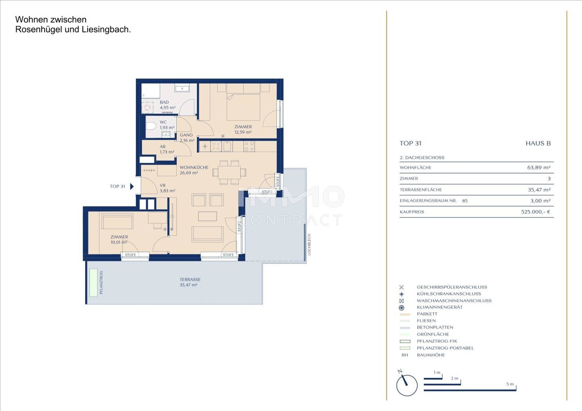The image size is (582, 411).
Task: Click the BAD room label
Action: pos(164,102)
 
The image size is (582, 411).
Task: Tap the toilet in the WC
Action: pos(150,126)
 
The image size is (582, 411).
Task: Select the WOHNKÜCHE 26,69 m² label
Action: pos(194,170)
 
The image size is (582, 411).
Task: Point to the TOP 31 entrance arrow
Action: pos(132,186)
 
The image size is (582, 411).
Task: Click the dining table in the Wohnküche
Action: pos(229,173)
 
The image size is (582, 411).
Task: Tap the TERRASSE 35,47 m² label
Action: pos(190,282)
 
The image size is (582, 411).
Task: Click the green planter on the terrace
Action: pos(93,282)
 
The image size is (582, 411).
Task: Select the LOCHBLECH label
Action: pos(309,244)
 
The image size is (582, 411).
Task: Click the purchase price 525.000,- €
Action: pos(536,212)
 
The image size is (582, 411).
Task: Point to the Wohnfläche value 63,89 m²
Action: pos(539,168)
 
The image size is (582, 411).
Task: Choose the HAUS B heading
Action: pos(538,143)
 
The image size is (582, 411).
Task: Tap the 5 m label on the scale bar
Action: pos(510,384)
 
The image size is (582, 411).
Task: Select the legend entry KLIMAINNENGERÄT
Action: pos(440,307)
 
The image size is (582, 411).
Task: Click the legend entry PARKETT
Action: pos(427,314)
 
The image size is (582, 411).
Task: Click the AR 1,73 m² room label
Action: pos(167,150)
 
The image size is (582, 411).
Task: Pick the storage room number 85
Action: pos(465,201)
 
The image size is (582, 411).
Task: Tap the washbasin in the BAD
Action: pos(182,89)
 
